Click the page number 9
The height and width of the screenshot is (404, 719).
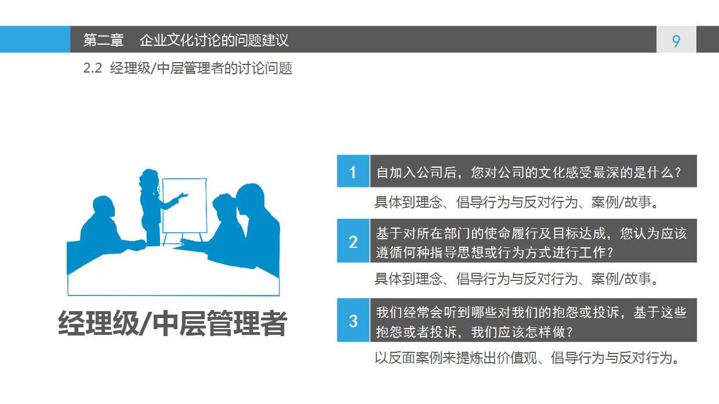point(676,41)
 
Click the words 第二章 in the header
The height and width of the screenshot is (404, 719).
point(103,40)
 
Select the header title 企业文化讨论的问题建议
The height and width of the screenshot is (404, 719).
point(214,40)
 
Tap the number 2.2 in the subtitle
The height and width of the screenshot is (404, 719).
point(93,68)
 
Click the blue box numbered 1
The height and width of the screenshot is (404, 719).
point(353,172)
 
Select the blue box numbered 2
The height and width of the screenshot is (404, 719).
point(353,241)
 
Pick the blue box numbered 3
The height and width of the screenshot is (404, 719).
point(353,320)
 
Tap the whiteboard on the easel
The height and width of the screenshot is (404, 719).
point(184,206)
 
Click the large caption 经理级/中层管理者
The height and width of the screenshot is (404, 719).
point(173,324)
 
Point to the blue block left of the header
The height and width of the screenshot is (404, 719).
point(35,39)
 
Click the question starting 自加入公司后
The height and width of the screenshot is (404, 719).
point(528,172)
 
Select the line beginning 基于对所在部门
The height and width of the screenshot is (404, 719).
point(531,233)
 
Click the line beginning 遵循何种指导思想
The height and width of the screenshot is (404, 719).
point(495,252)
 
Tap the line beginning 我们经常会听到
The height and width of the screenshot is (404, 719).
point(531,312)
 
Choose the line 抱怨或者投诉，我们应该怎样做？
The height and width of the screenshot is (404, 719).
point(474,332)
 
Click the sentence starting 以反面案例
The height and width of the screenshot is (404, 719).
point(526,358)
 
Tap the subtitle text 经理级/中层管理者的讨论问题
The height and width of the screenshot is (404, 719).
point(201,68)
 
